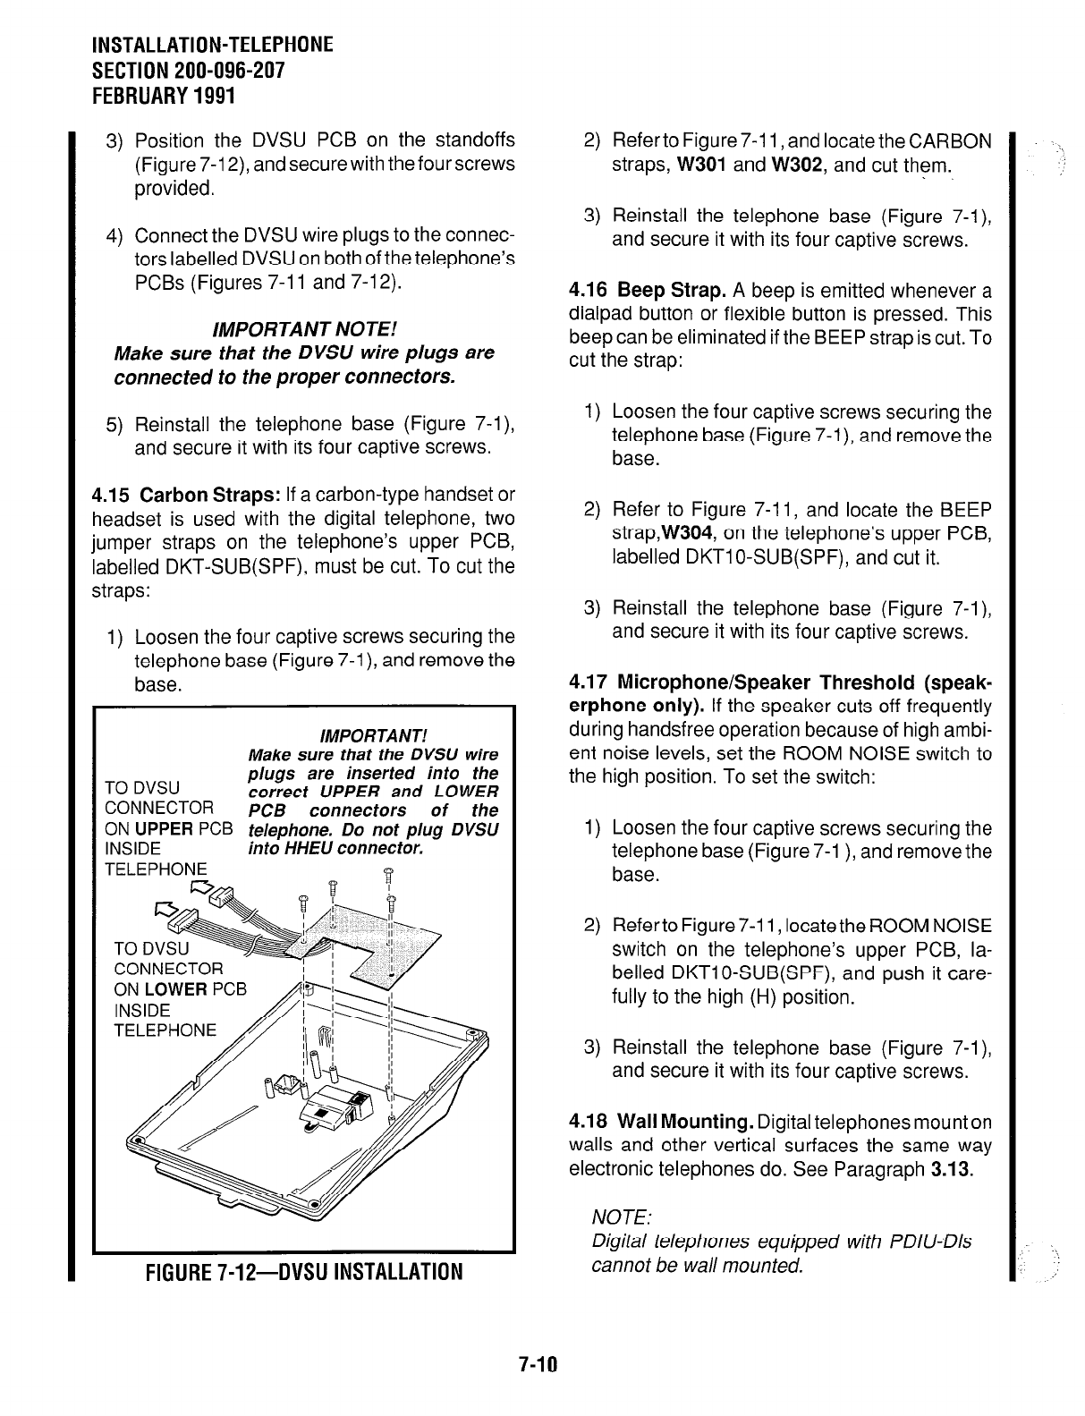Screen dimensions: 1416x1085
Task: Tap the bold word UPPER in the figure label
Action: [165, 829]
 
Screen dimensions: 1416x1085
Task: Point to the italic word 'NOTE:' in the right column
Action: [622, 1218]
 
